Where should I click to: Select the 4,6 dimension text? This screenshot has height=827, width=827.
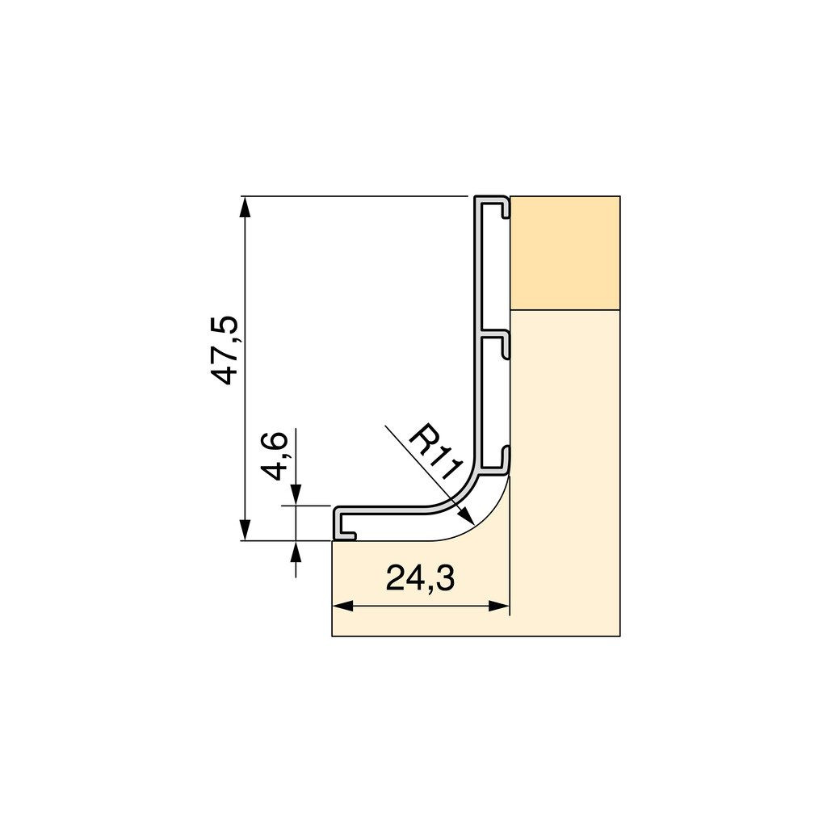tap(276, 456)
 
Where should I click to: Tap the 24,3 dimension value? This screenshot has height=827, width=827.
tap(420, 578)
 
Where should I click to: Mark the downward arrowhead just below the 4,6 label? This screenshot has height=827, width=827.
tap(296, 495)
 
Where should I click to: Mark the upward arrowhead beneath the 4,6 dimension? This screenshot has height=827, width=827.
tap(296, 552)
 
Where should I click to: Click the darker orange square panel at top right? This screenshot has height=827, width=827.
tap(565, 252)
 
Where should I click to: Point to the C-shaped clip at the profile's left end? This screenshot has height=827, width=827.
tap(343, 525)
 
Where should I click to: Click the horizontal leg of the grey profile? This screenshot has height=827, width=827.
tap(388, 510)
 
